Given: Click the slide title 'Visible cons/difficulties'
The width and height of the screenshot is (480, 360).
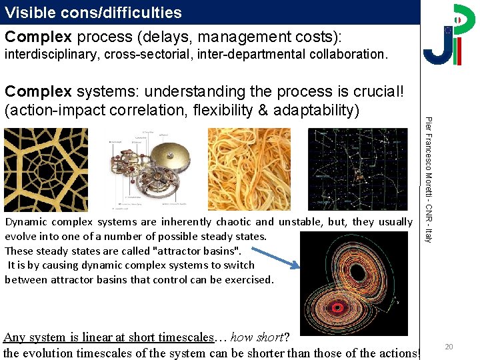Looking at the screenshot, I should [x=93, y=12].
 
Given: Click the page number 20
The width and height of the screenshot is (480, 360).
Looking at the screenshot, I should [x=449, y=347].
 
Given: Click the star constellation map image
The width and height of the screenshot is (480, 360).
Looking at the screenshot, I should [x=357, y=169].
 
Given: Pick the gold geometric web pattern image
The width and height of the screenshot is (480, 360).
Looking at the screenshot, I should [x=46, y=169].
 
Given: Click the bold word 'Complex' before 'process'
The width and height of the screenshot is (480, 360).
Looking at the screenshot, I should [x=38, y=36].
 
